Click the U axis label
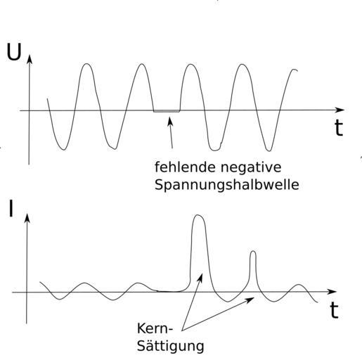tap(14, 52)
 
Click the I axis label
tap(11, 208)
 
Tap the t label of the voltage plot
tap(339, 128)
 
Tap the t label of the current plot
tap(335, 310)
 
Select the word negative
tap(248, 167)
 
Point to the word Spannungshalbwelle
tap(227, 185)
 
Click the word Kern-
tap(155, 328)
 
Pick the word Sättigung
tap(170, 346)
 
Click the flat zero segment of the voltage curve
tap(167, 112)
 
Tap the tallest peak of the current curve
tap(198, 215)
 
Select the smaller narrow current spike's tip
tap(253, 252)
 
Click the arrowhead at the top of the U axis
tap(30, 58)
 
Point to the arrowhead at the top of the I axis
tap(27, 217)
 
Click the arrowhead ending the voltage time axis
tap(340, 110)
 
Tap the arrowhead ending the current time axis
tap(332, 292)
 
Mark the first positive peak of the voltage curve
tap(87, 64)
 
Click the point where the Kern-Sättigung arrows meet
tap(182, 330)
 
